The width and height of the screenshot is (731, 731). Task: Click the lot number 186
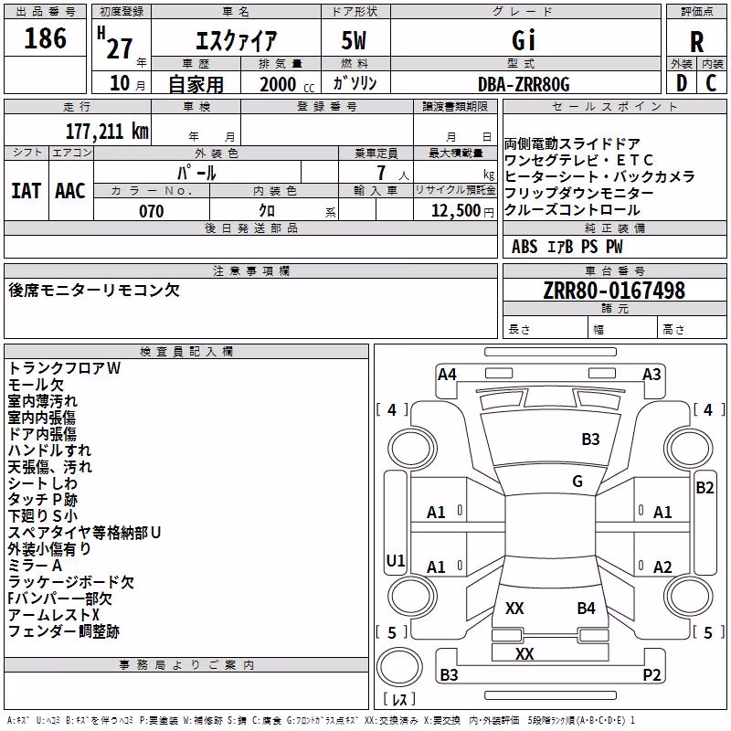[45, 37]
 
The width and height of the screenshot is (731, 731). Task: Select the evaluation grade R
[696, 42]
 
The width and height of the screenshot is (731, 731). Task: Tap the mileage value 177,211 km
[107, 131]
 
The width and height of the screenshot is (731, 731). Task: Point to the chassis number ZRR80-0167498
[614, 290]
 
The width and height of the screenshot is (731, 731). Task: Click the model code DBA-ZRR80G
[524, 84]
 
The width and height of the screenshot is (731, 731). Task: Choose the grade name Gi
[524, 39]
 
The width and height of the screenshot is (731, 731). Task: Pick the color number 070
[152, 211]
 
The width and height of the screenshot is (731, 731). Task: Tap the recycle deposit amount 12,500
[455, 211]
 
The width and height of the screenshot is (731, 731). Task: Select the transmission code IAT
[26, 191]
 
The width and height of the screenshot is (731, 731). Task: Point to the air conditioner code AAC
[70, 191]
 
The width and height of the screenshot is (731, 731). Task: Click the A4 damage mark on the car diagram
[447, 375]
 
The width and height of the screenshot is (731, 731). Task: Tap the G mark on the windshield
[577, 481]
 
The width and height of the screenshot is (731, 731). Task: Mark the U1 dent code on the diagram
[396, 560]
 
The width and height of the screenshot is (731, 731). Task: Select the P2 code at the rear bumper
[652, 674]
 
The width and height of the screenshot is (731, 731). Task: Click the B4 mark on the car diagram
[586, 608]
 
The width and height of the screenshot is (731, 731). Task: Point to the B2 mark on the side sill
[705, 488]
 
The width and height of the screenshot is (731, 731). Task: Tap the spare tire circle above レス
[399, 667]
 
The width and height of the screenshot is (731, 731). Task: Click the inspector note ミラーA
[35, 566]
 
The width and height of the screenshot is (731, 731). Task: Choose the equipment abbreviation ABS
[524, 247]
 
